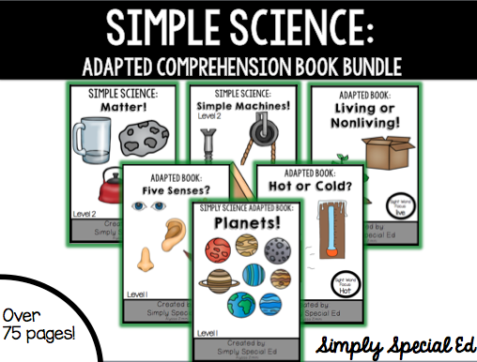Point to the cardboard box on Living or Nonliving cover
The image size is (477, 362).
click(387, 155)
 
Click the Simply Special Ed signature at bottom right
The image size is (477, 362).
click(391, 339)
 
